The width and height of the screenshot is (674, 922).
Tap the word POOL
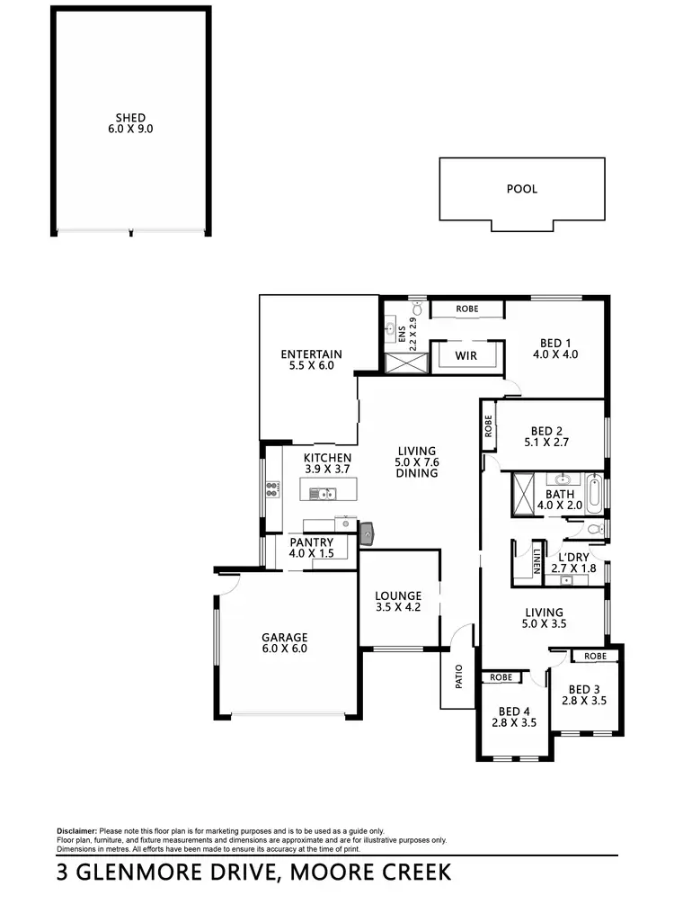click(522, 189)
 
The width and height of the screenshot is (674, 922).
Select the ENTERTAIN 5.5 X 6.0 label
click(311, 360)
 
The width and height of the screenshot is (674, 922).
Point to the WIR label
click(466, 356)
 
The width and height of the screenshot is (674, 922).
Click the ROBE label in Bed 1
click(467, 309)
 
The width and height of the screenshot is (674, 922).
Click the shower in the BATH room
click(522, 494)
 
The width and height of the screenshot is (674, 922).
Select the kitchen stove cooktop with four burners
click(270, 490)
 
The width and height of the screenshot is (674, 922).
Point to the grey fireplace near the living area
click(368, 533)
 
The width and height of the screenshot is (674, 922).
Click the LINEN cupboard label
click(536, 560)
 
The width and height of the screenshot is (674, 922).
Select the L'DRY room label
click(572, 557)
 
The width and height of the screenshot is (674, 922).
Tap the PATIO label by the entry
click(458, 676)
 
